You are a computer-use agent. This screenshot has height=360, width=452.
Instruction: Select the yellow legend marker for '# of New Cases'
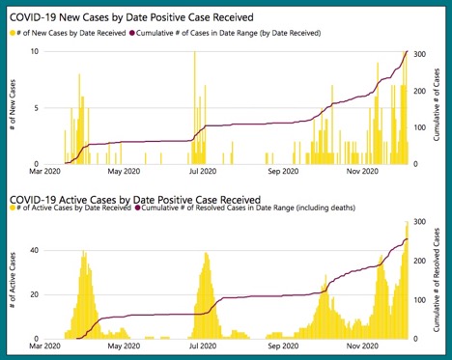14,34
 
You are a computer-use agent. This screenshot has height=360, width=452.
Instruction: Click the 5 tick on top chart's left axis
35,107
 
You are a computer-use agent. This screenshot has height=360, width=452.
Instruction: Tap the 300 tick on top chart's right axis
420,53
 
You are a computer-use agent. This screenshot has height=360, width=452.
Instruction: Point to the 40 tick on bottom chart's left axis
33,251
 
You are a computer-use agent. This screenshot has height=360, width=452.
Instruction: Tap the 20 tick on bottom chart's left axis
33,294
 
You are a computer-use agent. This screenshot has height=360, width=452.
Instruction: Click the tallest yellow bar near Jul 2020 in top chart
195,106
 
